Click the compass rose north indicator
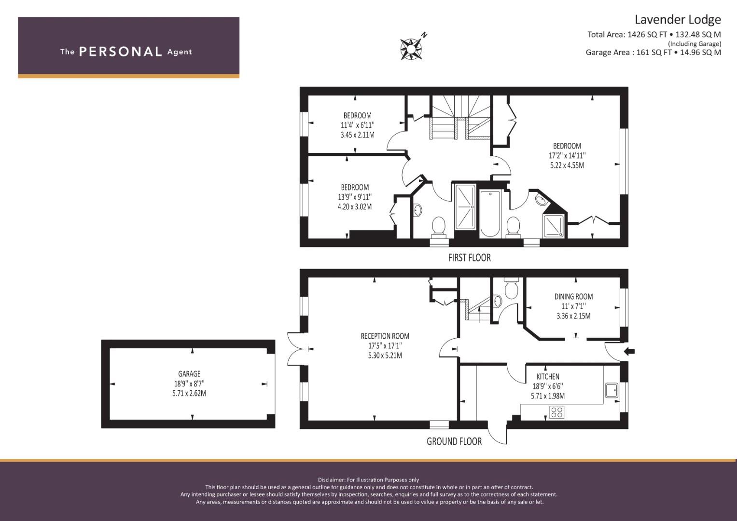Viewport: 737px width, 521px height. coord(412,48)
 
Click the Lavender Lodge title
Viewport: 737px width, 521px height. coord(677,19)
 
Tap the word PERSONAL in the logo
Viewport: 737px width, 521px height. coord(120,52)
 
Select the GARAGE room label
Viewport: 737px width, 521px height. coord(189,374)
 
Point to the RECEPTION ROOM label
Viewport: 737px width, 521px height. coord(385,336)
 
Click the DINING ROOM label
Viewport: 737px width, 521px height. coord(573,297)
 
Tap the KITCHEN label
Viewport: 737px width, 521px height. coord(548,377)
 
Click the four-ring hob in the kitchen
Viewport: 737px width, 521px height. coord(556,412)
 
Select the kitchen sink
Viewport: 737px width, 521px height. coord(612,390)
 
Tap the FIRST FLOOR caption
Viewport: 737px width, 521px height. coord(469,258)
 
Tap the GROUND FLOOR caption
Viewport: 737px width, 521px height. coord(454,441)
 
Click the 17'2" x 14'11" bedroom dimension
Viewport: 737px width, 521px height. coord(567,155)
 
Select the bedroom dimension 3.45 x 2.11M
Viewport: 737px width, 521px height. coord(357,135)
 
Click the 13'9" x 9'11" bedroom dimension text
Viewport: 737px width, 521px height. coord(355,197)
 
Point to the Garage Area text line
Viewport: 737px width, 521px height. coord(653,53)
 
